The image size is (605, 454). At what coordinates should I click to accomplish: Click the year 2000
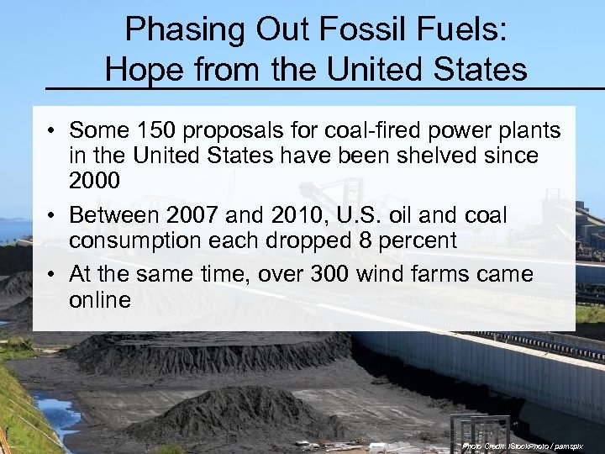(95, 181)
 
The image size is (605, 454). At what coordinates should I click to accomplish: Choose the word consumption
(144, 241)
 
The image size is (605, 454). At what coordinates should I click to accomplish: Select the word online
(100, 299)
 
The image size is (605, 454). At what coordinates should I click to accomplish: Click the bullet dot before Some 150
(52, 131)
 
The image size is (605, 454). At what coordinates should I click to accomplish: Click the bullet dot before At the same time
(52, 275)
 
